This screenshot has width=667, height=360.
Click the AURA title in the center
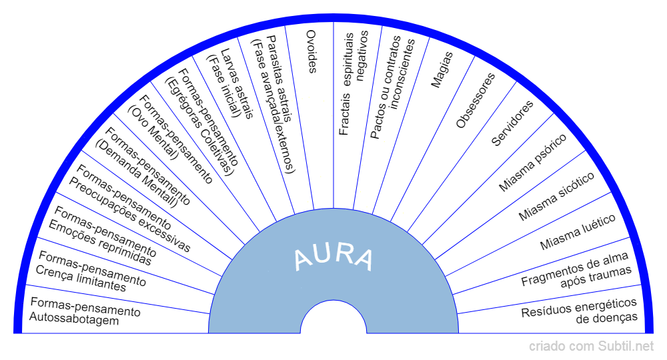(333, 257)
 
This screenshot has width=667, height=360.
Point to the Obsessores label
(476, 101)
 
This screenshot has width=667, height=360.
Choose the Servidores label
(512, 123)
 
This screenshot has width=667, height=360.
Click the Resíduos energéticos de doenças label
(580, 310)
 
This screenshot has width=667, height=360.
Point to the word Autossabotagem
(74, 320)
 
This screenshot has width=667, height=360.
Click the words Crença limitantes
(81, 281)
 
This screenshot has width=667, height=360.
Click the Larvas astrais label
(237, 81)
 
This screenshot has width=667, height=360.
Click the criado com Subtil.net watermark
(592, 346)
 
